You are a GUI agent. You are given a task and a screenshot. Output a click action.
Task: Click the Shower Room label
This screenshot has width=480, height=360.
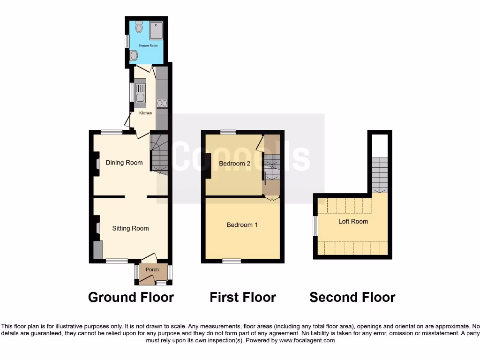(x=148, y=45)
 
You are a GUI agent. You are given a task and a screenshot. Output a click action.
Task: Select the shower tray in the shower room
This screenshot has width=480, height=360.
(x=157, y=30)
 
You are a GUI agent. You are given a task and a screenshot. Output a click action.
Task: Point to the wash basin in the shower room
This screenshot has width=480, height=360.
(x=135, y=56)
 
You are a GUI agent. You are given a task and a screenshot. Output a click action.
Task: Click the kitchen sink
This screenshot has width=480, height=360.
(x=140, y=92)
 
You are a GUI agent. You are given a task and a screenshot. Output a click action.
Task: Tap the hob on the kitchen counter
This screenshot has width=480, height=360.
(x=162, y=103)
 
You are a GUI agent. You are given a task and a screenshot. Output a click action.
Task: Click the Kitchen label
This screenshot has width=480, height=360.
(x=145, y=113)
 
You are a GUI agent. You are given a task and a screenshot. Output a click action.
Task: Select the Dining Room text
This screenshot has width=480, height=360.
(x=124, y=163)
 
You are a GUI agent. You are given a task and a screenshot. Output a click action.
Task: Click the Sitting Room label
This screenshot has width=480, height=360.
(x=130, y=228)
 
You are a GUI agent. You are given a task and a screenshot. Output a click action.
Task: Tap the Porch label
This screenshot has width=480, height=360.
(x=152, y=270)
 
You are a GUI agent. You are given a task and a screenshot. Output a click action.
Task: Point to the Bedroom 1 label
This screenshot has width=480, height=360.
(x=242, y=225)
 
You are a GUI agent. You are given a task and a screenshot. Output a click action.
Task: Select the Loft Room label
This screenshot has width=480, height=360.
(x=353, y=221)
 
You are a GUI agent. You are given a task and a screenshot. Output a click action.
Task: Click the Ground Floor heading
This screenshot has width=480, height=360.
(x=131, y=297)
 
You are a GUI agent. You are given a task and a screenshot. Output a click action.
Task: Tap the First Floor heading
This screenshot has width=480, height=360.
(x=242, y=297)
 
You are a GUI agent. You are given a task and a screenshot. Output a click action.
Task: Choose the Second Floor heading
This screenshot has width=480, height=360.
(x=352, y=297)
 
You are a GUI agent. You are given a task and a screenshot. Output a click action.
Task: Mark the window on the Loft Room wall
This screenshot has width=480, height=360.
(x=315, y=225)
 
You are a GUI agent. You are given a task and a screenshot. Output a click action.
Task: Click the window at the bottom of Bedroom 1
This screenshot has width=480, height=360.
(x=231, y=261)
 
